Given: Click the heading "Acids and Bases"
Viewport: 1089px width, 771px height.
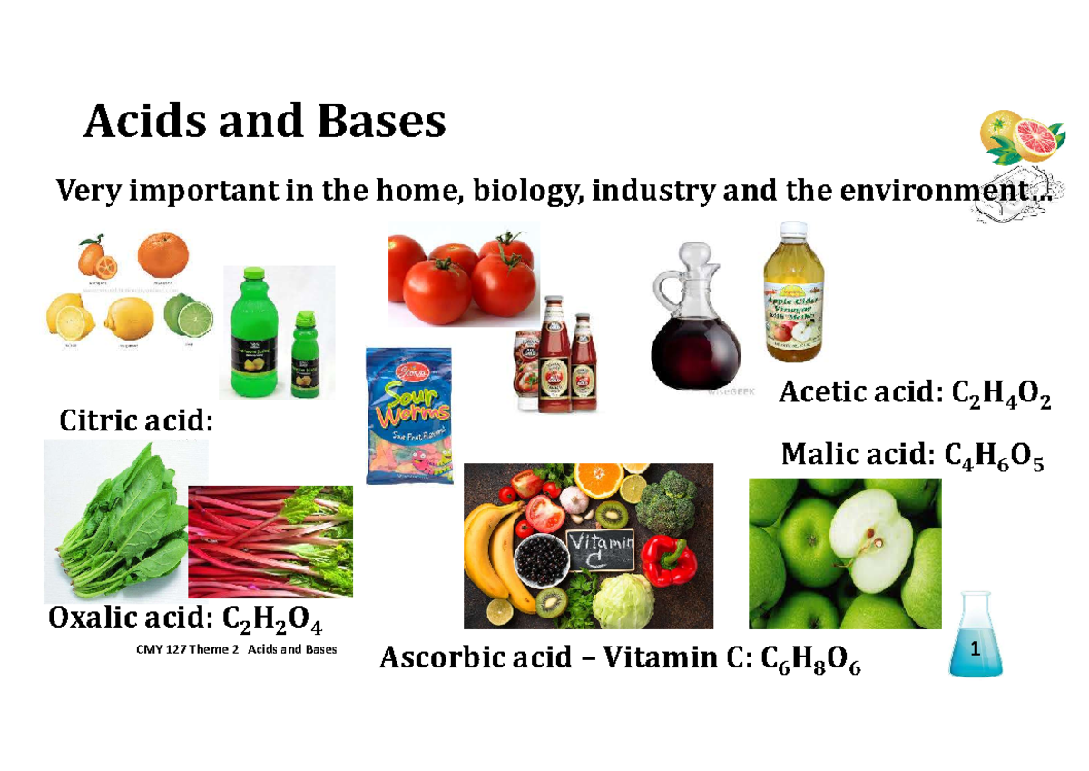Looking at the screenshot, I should click(264, 122).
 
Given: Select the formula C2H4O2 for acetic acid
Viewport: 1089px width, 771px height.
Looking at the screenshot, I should click(999, 396).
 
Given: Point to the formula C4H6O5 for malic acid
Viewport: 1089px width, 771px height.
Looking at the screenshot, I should click(994, 456).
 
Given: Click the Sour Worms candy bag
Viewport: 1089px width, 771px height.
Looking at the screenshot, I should click(407, 416).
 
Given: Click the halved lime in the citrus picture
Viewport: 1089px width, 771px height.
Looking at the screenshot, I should click(188, 318).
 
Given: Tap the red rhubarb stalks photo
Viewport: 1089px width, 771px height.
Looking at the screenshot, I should click(270, 541).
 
